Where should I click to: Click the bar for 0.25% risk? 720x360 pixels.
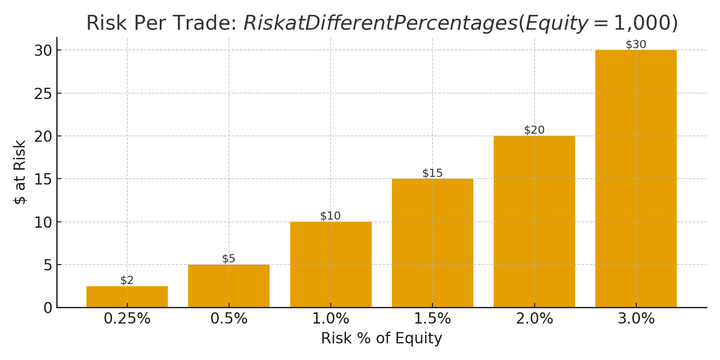[127, 297]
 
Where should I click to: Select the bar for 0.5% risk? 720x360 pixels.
[229, 286]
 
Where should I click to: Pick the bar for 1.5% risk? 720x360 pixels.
[432, 243]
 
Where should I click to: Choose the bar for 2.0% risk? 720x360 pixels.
[534, 221]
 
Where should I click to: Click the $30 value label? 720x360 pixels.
[636, 45]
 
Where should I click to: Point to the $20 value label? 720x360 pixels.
[534, 130]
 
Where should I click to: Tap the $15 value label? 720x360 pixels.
[432, 173]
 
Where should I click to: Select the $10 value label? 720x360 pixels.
[330, 216]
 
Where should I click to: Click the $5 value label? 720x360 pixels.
[229, 259]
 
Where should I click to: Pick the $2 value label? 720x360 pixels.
[127, 280]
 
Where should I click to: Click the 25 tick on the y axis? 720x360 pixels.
[43, 94]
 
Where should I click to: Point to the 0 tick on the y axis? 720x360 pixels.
[48, 308]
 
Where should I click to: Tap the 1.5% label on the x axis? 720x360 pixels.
[432, 319]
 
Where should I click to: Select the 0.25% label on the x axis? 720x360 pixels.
[127, 319]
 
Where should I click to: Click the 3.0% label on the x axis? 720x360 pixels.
[636, 319]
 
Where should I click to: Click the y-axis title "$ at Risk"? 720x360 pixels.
[20, 172]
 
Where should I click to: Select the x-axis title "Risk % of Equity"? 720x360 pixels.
[381, 338]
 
